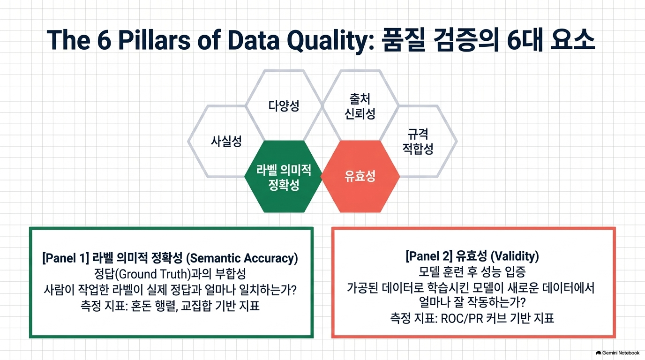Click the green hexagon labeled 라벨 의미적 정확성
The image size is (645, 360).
click(283, 177)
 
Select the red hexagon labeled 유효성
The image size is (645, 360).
click(360, 177)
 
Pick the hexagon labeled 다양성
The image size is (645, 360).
click(284, 105)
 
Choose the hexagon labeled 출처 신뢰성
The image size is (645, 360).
click(360, 106)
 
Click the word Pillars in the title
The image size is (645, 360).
click(154, 40)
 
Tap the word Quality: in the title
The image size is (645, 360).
click(330, 40)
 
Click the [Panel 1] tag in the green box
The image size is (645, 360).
click(66, 258)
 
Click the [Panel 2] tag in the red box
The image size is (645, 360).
click(428, 256)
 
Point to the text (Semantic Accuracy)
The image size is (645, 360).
click(242, 258)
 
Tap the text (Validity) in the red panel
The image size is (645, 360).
click(515, 256)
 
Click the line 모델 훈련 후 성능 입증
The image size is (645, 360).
click(472, 271)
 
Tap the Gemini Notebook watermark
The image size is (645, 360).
click(617, 353)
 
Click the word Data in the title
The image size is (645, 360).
click(254, 40)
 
